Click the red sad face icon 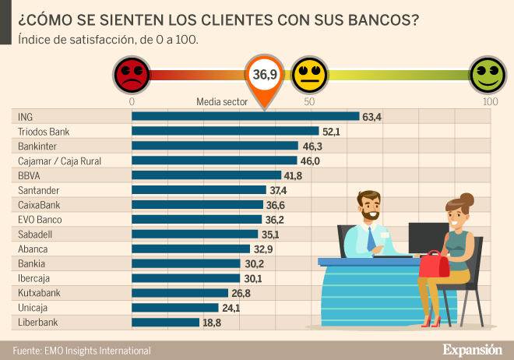[x=130, y=74]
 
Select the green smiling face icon [x=488, y=74]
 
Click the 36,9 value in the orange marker [x=265, y=74]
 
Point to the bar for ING [x=245, y=117]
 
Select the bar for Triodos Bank [x=225, y=132]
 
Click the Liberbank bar [x=166, y=322]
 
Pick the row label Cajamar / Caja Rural [x=59, y=161]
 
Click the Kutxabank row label [x=39, y=293]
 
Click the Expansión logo [x=472, y=349]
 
